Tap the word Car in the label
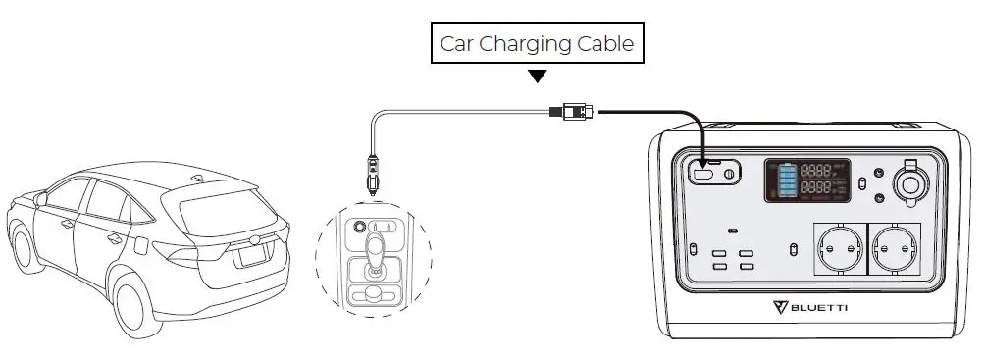pyautogui.click(x=456, y=44)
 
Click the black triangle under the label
pyautogui.click(x=537, y=76)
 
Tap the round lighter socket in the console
pyautogui.click(x=360, y=225)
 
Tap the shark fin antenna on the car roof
pyautogui.click(x=199, y=178)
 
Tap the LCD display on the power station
pyautogui.click(x=807, y=181)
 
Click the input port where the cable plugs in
pyautogui.click(x=704, y=176)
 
